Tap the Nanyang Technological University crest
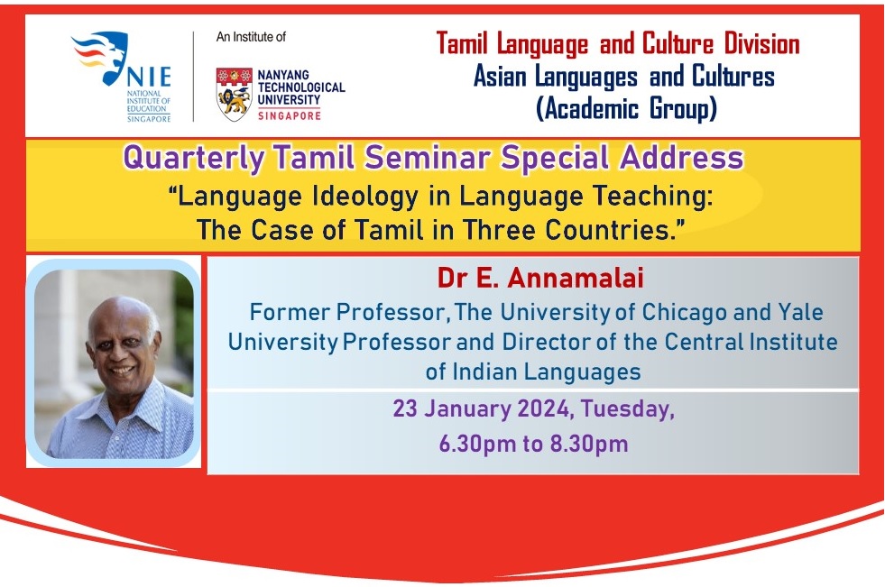tap(235, 94)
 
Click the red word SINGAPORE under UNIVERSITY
tap(290, 115)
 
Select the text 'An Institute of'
tap(251, 37)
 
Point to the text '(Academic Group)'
tap(626, 108)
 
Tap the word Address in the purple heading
tap(681, 157)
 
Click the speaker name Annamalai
tap(576, 278)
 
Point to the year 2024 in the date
tap(543, 408)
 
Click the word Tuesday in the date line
tap(627, 408)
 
